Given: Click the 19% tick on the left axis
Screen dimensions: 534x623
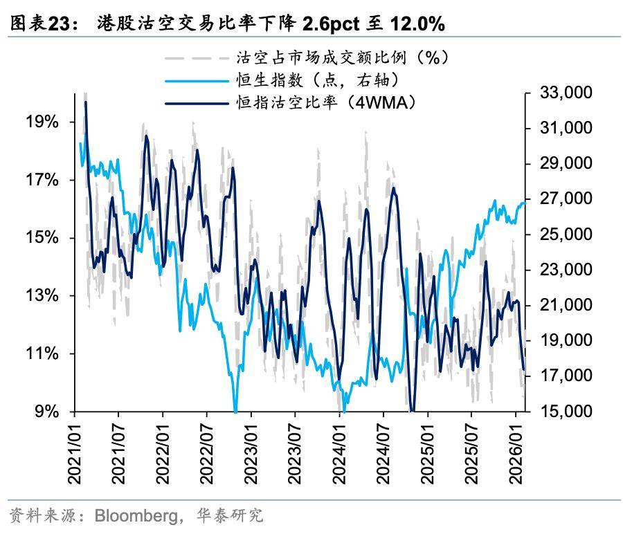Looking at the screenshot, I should (42, 122).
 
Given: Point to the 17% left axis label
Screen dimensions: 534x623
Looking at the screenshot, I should (42, 181).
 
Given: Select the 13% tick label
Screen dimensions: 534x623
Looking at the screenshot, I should (42, 296).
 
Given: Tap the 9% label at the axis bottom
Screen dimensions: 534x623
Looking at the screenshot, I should (46, 412).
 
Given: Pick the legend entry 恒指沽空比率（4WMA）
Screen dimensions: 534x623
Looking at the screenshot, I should (325, 103).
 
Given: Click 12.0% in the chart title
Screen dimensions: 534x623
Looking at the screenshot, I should (415, 24).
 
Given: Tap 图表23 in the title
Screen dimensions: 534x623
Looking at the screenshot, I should (37, 24).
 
